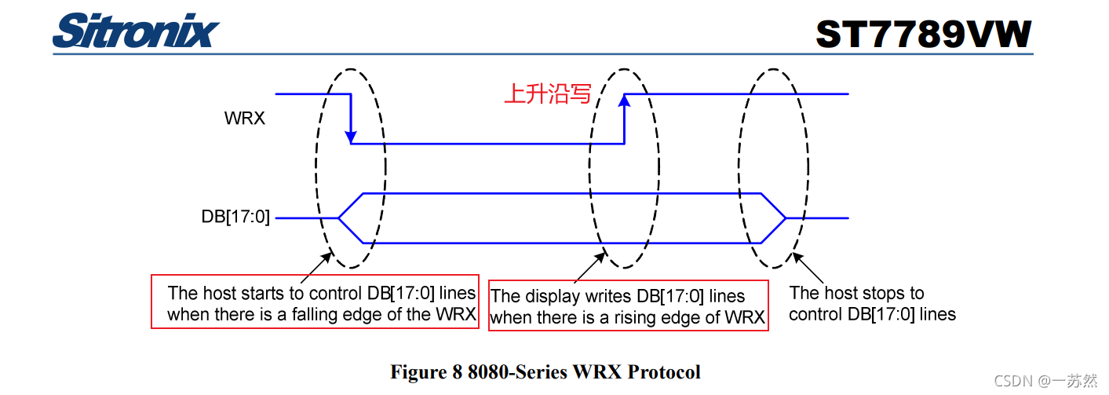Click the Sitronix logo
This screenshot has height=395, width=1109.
(x=136, y=31)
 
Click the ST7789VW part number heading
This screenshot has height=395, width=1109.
(x=923, y=35)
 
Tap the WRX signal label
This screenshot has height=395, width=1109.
(x=245, y=119)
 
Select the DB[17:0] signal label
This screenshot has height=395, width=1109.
(x=235, y=218)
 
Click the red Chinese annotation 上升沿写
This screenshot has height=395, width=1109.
(x=547, y=94)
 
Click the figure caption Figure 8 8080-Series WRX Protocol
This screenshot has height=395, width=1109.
(x=545, y=371)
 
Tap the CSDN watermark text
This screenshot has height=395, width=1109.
(x=1045, y=381)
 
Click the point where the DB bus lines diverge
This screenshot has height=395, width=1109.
(x=339, y=218)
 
